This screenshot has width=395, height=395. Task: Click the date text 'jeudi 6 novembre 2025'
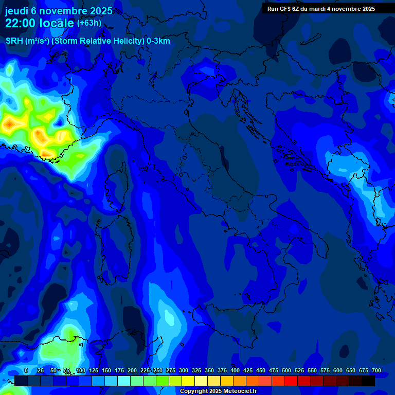tap(59, 11)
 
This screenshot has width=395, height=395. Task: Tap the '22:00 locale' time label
tap(40, 23)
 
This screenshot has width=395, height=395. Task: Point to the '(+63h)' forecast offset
tap(89, 23)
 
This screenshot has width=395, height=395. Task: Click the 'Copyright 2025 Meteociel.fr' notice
tap(218, 391)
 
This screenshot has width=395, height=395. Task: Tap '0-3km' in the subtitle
tap(158, 41)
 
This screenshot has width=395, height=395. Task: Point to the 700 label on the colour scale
tap(376, 370)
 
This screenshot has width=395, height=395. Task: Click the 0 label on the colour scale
tap(26, 370)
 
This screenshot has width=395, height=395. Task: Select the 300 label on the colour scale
tap(184, 370)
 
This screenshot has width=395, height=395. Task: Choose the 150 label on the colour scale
tap(106, 370)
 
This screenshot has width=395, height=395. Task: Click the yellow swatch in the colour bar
tap(188, 381)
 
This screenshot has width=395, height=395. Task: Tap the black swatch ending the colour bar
tap(368, 381)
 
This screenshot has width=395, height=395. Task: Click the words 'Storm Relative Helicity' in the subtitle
tap(98, 41)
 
